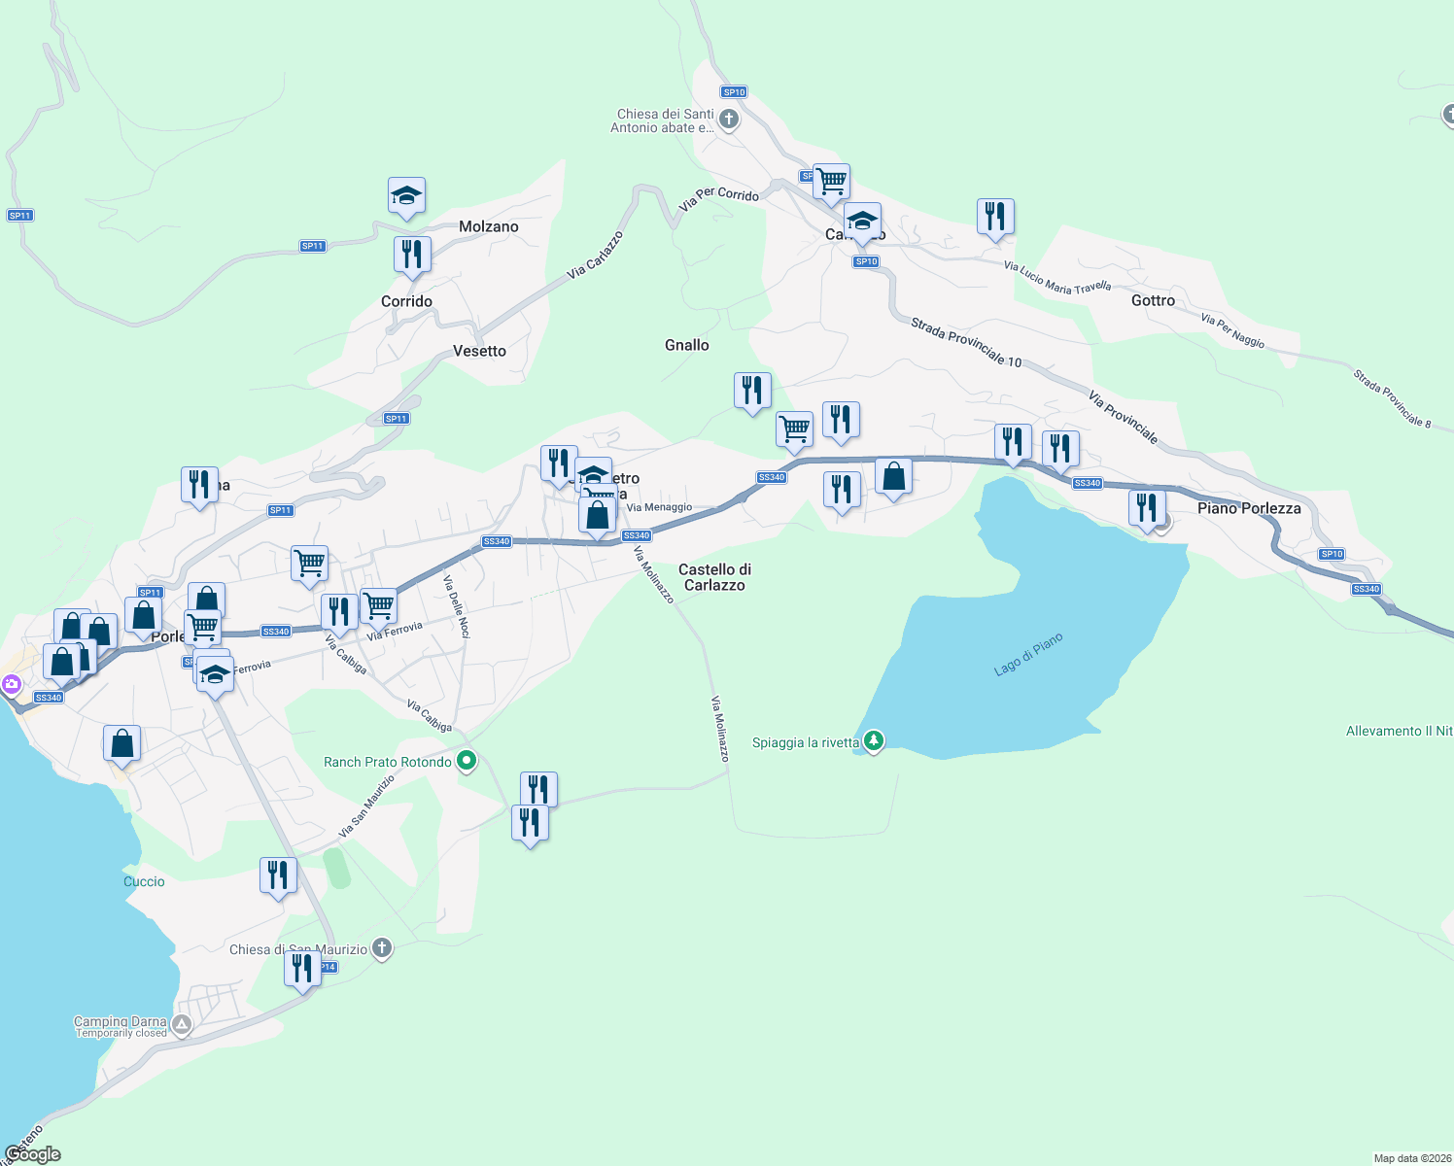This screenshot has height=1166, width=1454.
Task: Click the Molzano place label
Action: pyautogui.click(x=488, y=226)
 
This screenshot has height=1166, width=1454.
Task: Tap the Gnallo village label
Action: pyautogui.click(x=686, y=345)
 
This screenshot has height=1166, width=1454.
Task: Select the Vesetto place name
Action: pyautogui.click(x=479, y=351)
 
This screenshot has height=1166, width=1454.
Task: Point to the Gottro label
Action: pyautogui.click(x=1153, y=300)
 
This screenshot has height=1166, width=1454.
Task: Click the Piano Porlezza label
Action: pyautogui.click(x=1248, y=508)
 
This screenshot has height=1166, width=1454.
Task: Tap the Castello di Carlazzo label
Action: pyautogui.click(x=714, y=577)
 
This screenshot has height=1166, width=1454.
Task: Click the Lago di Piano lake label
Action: pyautogui.click(x=1028, y=655)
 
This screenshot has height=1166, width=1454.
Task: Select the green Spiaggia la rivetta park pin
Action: pyautogui.click(x=874, y=741)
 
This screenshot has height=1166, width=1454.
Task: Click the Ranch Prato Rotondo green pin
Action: pyautogui.click(x=467, y=761)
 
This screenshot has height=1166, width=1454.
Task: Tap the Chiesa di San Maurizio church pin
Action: pyautogui.click(x=382, y=948)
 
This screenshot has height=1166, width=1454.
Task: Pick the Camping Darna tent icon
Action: pyautogui.click(x=182, y=1024)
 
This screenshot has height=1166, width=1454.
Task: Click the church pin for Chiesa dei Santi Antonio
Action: pyautogui.click(x=729, y=120)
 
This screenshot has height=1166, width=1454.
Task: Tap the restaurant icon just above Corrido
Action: pyautogui.click(x=412, y=255)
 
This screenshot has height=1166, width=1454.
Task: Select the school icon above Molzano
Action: pyautogui.click(x=406, y=195)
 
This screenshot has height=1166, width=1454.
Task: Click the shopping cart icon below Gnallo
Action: pyautogui.click(x=795, y=429)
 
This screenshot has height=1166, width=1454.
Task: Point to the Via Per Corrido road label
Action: pyautogui.click(x=719, y=198)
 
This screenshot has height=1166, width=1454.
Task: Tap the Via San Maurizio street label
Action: pyautogui.click(x=366, y=806)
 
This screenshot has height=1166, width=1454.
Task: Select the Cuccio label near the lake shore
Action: pyautogui.click(x=144, y=881)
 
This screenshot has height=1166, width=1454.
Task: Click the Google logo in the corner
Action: pyautogui.click(x=33, y=1153)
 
